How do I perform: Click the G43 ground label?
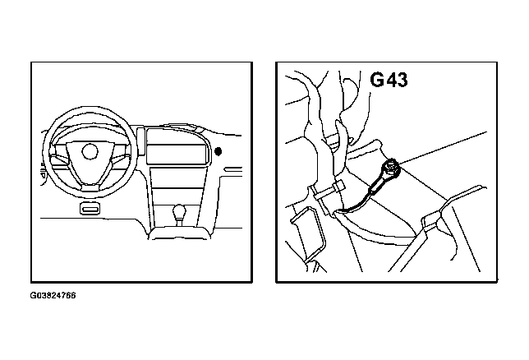coord(389,80)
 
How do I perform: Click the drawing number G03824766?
coord(53,296)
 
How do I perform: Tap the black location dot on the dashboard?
coord(218,151)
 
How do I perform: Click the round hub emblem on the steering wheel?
coord(90,150)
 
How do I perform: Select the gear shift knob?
coord(179,212)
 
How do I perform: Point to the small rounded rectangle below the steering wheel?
coord(90,209)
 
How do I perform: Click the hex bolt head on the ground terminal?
coord(391,167)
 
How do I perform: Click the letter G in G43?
coord(377,80)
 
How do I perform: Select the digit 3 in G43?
coord(402,80)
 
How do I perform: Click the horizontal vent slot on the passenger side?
coord(233,168)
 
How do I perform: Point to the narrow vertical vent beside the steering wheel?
coord(140,141)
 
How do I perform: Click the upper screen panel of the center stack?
coord(177,146)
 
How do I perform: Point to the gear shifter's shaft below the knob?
coord(179,223)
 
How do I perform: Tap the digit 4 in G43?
coord(390,80)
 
